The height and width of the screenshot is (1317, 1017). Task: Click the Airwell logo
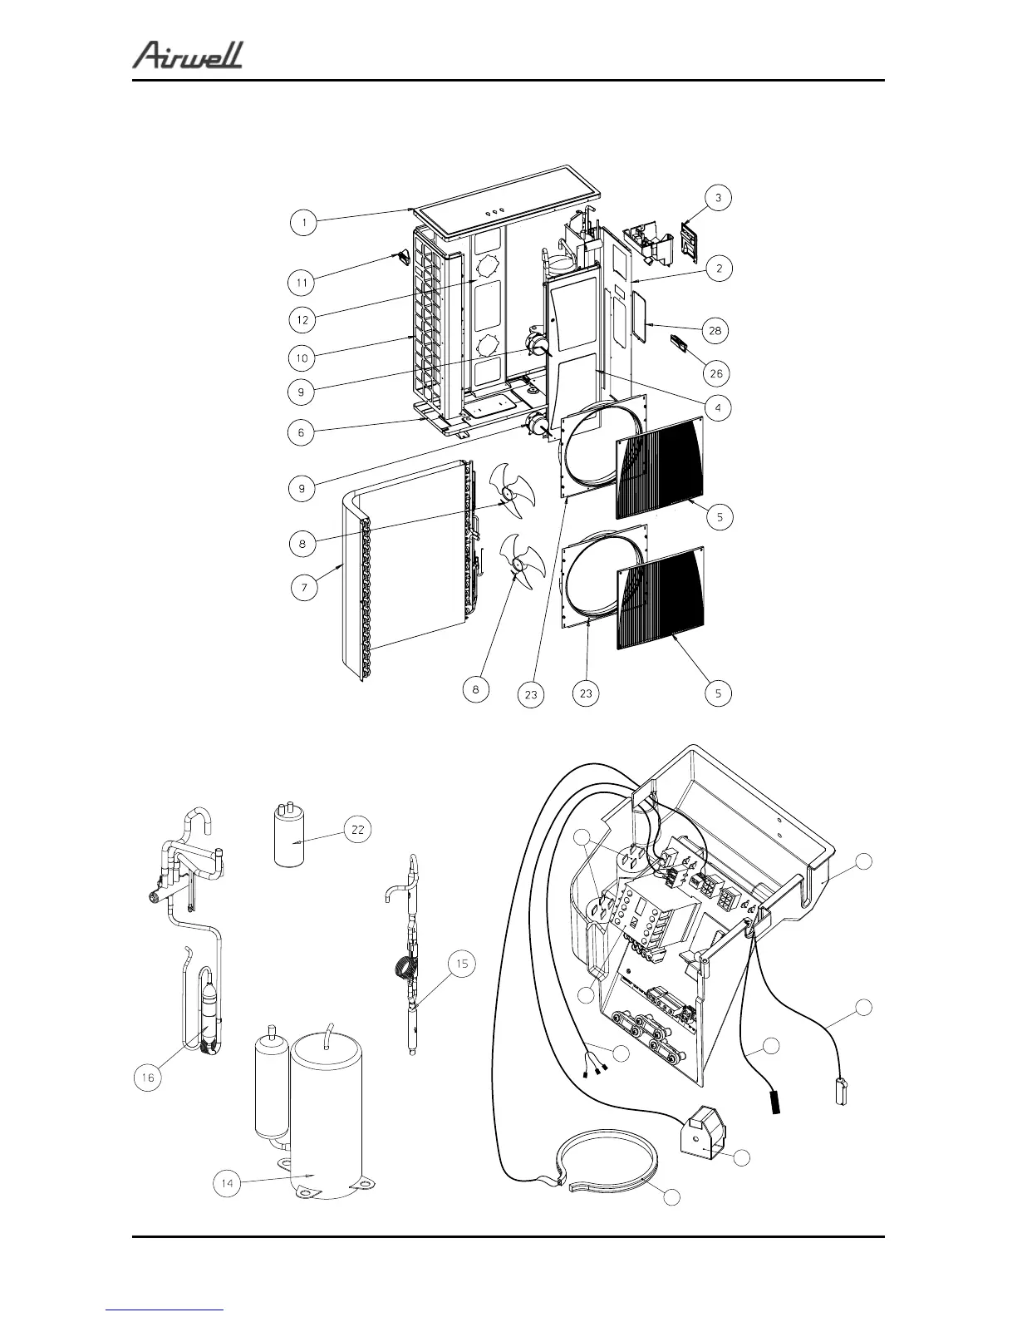188,56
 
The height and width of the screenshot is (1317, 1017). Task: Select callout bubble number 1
305,223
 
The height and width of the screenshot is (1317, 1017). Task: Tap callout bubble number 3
718,198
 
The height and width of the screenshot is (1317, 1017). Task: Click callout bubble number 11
302,283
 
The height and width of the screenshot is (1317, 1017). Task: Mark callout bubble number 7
304,588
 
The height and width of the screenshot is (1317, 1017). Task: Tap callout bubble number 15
462,964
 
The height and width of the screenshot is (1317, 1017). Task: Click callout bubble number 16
148,1078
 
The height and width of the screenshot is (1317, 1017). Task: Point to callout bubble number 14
226,1183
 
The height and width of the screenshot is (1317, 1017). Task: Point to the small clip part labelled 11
402,258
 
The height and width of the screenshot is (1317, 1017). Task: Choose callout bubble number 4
718,407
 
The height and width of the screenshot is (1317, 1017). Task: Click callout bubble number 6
302,432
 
